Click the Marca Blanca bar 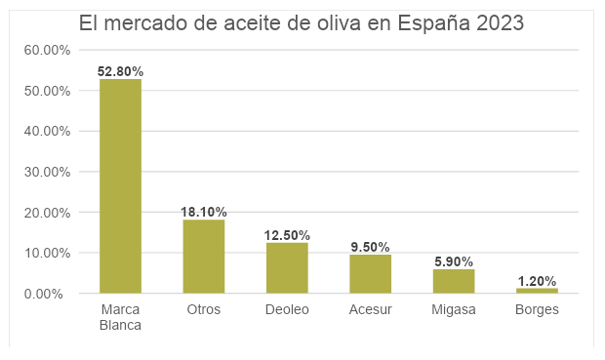point(120,186)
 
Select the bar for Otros point(204,257)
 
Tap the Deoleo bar point(287,267)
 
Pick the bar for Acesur point(371,274)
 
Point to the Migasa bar point(454,281)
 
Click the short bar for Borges point(537,291)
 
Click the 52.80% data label point(120,71)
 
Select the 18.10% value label point(204,212)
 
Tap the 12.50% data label point(287,235)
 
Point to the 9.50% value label point(371,247)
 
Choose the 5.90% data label point(454,261)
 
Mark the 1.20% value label point(537,281)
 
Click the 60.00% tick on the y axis point(47,50)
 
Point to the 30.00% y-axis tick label point(47,172)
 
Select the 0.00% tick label point(43,294)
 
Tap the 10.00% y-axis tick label point(47,253)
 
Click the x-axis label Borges point(537,310)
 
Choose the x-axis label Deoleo point(287,309)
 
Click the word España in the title point(433,22)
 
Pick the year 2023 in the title point(500,22)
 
